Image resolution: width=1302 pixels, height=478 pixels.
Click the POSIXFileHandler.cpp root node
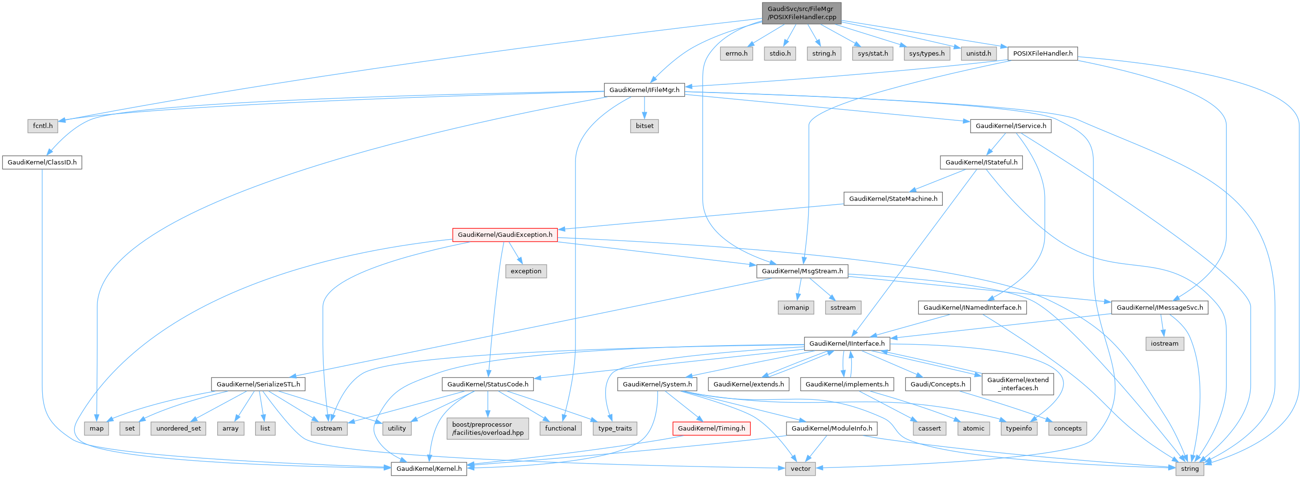point(801,12)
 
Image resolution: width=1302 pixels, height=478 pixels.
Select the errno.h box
point(737,53)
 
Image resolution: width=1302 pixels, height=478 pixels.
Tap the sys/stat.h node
point(872,53)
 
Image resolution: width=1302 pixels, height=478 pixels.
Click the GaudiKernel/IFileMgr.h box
point(645,90)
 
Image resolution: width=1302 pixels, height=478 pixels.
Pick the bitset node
point(645,126)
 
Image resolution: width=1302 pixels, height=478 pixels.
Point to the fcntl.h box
point(43,126)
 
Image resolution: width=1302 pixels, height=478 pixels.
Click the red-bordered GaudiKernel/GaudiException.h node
point(504,234)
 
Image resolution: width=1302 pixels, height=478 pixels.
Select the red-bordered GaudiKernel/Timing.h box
point(711,429)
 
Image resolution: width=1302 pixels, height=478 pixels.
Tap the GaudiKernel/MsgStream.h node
point(802,271)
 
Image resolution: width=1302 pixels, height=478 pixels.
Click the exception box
point(526,271)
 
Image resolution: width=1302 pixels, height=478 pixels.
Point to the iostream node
point(1164,344)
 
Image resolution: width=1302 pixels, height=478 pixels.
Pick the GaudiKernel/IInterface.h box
point(846,344)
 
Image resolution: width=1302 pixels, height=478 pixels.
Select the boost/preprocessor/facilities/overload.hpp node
point(488,429)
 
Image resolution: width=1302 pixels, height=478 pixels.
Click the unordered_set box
point(178,429)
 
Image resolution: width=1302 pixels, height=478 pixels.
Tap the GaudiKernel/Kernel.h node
point(429,468)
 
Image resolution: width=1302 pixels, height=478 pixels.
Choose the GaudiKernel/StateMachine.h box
point(892,198)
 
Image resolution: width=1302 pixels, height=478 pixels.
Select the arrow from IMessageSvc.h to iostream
point(1162,326)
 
